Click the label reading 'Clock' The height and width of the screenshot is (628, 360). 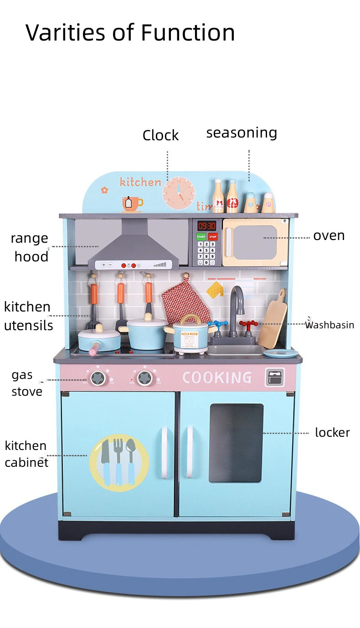(x=160, y=135)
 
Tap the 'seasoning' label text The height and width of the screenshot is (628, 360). (x=242, y=133)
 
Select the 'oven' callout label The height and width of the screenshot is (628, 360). (x=329, y=236)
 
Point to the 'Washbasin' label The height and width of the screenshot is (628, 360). (x=329, y=325)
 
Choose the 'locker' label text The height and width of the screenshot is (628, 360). (x=333, y=432)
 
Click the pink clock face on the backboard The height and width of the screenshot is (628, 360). (x=179, y=193)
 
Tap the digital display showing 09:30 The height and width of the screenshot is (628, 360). (x=207, y=226)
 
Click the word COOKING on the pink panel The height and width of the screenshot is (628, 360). (x=217, y=378)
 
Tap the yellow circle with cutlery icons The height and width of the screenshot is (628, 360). (x=119, y=463)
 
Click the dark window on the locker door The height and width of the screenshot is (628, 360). (x=236, y=443)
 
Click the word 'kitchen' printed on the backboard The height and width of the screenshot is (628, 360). (x=140, y=182)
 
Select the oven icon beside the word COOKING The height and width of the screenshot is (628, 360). (x=275, y=378)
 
